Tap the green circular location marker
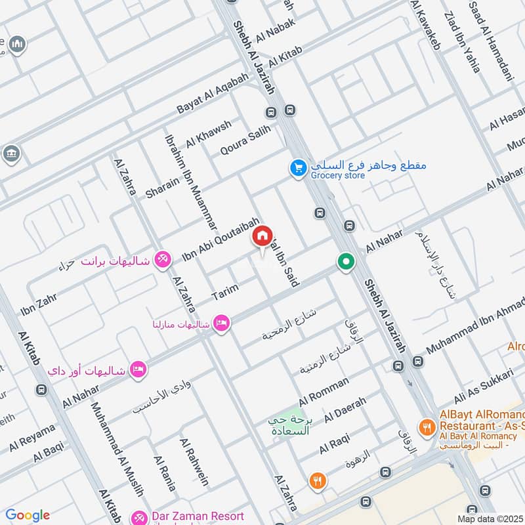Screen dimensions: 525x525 click(345, 262)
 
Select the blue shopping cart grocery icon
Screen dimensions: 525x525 click(299, 169)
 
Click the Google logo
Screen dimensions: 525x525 click(28, 515)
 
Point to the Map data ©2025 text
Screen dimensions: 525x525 click(490, 518)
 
